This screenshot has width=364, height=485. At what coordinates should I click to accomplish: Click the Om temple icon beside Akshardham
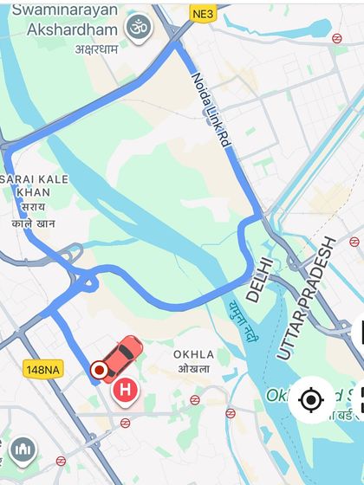pyautogui.click(x=137, y=27)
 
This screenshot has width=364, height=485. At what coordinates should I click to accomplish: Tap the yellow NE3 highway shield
pyautogui.click(x=202, y=14)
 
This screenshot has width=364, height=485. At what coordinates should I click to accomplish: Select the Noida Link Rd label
pyautogui.click(x=211, y=110)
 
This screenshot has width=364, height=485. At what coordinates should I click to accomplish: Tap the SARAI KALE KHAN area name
pyautogui.click(x=34, y=184)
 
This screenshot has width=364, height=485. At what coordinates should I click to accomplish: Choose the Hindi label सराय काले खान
pyautogui.click(x=34, y=215)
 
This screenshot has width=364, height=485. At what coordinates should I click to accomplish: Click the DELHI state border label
pyautogui.click(x=259, y=278)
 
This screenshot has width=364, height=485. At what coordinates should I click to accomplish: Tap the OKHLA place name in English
pyautogui.click(x=193, y=354)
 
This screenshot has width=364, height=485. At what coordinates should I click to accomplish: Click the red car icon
pyautogui.click(x=120, y=358)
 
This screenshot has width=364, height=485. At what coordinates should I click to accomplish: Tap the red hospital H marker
pyautogui.click(x=126, y=391)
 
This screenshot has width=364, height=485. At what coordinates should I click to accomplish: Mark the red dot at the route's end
pyautogui.click(x=99, y=371)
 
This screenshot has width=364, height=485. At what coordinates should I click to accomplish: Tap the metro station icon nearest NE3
pyautogui.click(x=336, y=38)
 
